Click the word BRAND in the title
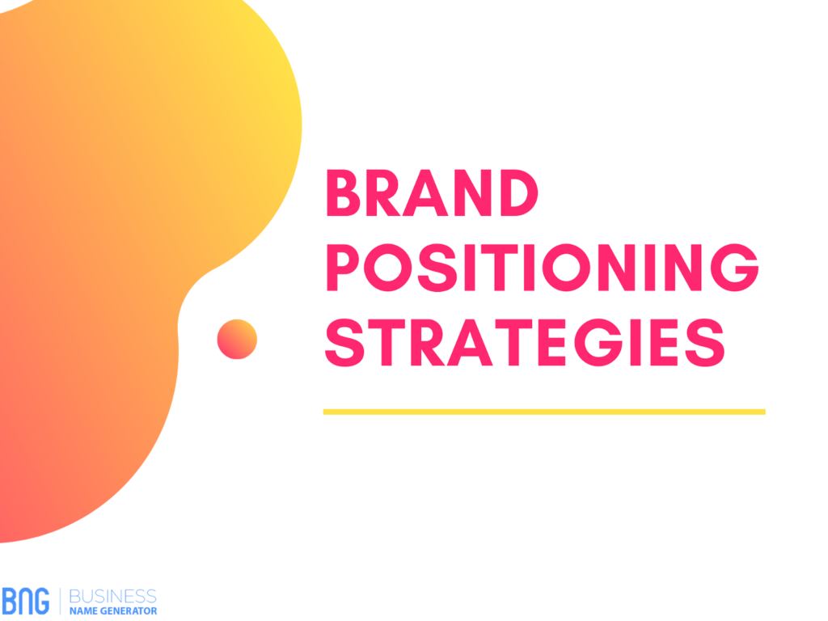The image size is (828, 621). tap(432, 192)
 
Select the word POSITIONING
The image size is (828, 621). tap(543, 267)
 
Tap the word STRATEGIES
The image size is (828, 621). tap(525, 342)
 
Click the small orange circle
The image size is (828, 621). tap(237, 339)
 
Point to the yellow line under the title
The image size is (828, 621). tap(544, 412)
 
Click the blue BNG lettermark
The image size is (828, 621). tap(25, 601)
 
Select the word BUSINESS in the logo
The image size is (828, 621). tap(112, 596)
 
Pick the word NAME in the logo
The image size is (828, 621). tap(83, 611)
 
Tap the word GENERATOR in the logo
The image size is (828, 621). tap(129, 611)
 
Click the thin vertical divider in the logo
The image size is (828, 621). tap(60, 602)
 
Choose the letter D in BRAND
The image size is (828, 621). tap(518, 192)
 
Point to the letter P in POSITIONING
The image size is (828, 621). tap(343, 267)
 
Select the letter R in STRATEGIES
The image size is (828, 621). tap(427, 342)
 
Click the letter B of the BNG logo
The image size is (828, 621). tap(9, 601)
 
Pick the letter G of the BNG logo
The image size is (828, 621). tap(42, 601)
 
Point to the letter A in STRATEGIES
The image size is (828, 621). tap(470, 342)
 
